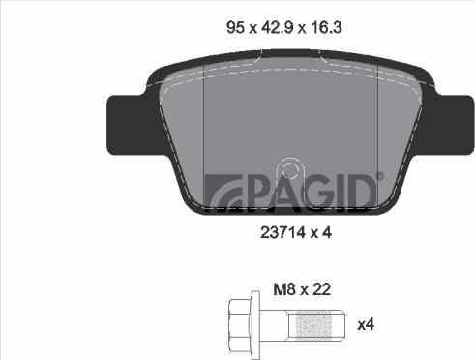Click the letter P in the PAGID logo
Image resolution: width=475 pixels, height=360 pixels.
point(256,191)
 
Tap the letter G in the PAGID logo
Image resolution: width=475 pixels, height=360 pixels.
point(312,191)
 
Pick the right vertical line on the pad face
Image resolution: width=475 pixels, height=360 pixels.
point(365,135)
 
